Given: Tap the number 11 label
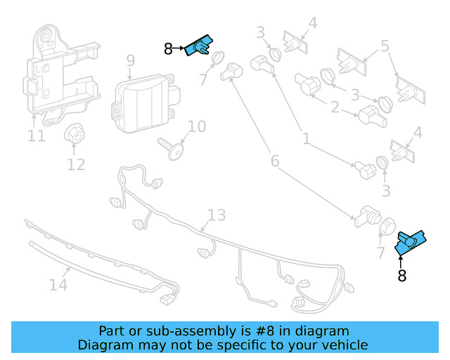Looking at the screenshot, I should pyautogui.click(x=37, y=135).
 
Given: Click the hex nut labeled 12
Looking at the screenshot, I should pyautogui.click(x=75, y=136).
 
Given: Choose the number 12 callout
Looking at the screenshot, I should pyautogui.click(x=76, y=165).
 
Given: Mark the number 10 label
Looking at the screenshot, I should pyautogui.click(x=196, y=127).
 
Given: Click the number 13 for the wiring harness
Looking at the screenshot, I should pyautogui.click(x=217, y=215).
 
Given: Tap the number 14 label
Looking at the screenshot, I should pyautogui.click(x=58, y=285).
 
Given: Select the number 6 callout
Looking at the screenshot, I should pyautogui.click(x=275, y=161).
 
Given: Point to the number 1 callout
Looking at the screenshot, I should pyautogui.click(x=306, y=139).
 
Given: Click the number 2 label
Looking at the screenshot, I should pyautogui.click(x=335, y=108).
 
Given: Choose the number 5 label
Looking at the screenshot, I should pyautogui.click(x=385, y=46).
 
